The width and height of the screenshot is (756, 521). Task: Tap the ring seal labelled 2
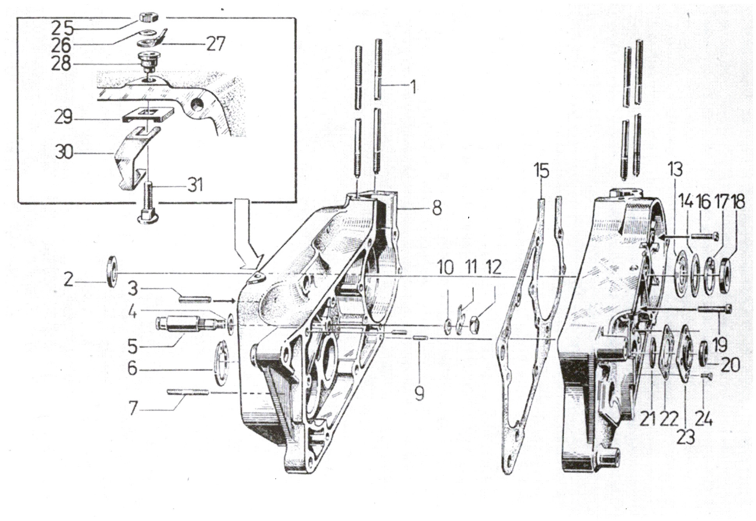tap(112, 271)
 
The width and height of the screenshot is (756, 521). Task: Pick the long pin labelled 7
tap(188, 392)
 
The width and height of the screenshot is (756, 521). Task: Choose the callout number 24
tap(701, 421)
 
